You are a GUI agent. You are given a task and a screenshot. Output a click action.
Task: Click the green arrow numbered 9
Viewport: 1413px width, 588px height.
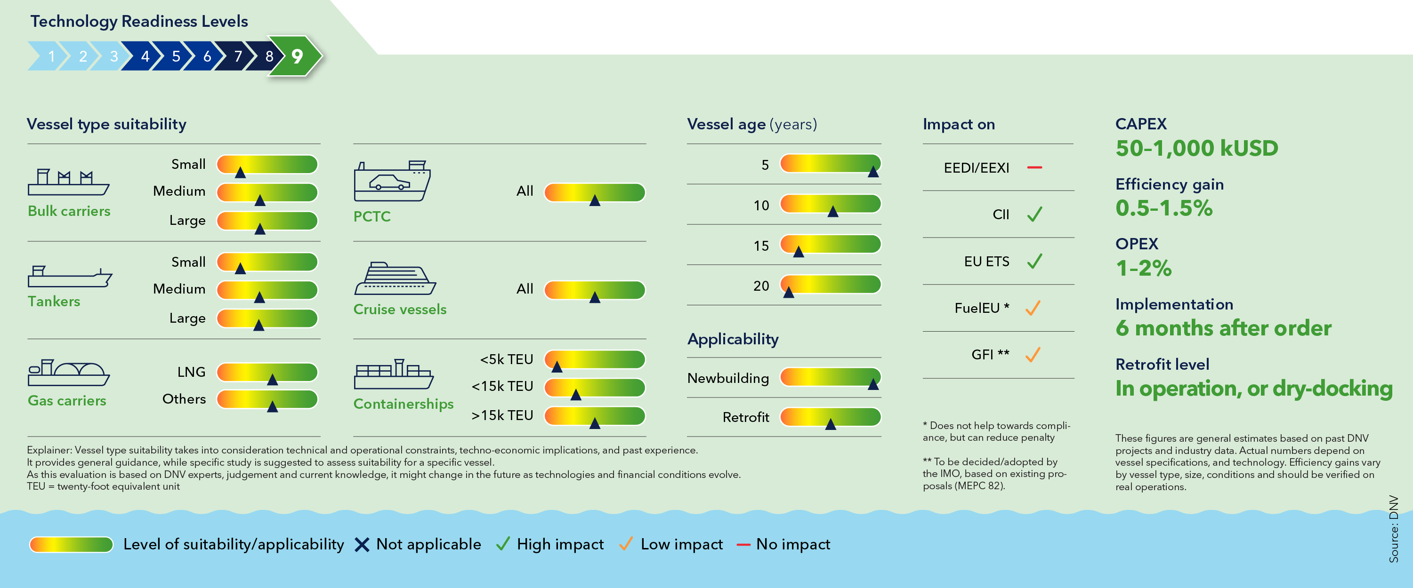click(296, 56)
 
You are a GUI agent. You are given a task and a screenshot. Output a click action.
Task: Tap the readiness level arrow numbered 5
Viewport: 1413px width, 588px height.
click(176, 56)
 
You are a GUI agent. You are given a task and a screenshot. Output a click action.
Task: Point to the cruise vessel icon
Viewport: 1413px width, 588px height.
click(395, 279)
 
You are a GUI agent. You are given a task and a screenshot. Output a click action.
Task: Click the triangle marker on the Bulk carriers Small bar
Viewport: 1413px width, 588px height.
click(240, 173)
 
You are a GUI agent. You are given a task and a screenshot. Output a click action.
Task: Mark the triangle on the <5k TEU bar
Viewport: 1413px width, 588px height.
click(557, 366)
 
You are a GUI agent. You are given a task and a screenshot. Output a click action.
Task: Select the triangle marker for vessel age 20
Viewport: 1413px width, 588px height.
click(789, 292)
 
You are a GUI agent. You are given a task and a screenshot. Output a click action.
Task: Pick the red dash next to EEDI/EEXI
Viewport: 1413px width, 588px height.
click(1034, 167)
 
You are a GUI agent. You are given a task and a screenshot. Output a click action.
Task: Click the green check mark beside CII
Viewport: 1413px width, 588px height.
click(1034, 214)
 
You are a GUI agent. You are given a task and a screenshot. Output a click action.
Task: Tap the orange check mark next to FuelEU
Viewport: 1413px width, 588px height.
click(1033, 308)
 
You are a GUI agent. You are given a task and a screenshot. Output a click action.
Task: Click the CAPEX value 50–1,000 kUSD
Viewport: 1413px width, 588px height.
click(1196, 148)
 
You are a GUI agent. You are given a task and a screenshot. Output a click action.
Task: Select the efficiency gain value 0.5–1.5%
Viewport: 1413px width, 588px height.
click(1163, 208)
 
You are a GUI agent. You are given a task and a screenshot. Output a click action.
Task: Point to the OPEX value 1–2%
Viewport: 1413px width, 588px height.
click(1144, 268)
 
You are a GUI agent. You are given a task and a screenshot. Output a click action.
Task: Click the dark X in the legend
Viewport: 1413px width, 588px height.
click(362, 545)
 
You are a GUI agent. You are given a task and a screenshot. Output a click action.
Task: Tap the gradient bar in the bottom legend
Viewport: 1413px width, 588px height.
click(71, 545)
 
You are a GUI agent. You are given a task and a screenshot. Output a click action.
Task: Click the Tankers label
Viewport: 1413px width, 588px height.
click(54, 302)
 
